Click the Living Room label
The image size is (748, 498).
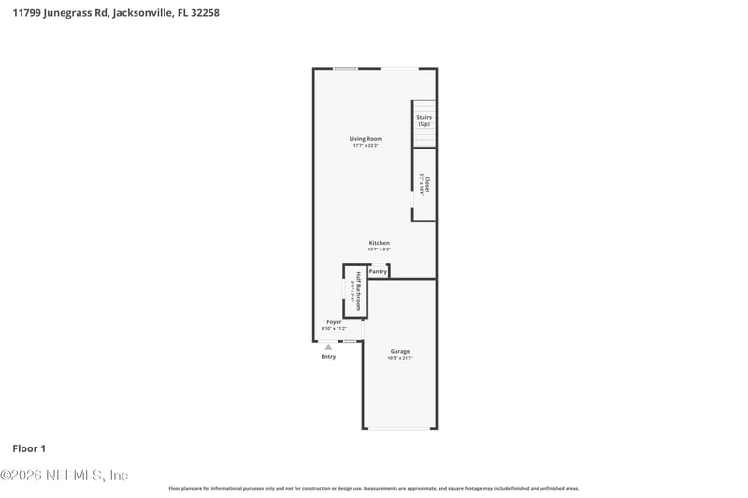click(367, 139)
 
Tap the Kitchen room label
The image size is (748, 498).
click(379, 243)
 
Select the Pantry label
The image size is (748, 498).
click(378, 271)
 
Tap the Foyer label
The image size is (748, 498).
click(334, 322)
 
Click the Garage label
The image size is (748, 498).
click(400, 351)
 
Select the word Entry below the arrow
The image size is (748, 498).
click(328, 356)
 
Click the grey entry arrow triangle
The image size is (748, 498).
click(328, 347)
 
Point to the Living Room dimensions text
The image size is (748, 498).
click(367, 146)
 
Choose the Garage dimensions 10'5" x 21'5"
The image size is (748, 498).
click(400, 358)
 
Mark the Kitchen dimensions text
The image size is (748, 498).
click(379, 249)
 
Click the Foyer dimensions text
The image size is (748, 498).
click(334, 329)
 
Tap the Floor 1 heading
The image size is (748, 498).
click(29, 449)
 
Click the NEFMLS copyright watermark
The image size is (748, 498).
click(64, 476)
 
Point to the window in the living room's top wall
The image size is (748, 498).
click(346, 68)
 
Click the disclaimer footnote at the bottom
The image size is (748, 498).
click(374, 488)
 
